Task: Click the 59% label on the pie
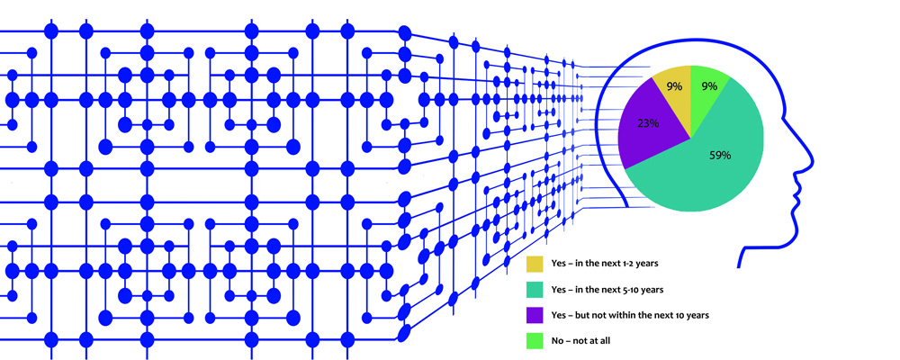[x=719, y=155]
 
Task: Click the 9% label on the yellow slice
[x=673, y=87]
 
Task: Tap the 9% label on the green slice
[x=709, y=86]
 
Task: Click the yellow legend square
[x=535, y=265]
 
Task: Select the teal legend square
[x=535, y=290]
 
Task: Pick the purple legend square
[x=535, y=315]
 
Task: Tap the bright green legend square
[x=535, y=340]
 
